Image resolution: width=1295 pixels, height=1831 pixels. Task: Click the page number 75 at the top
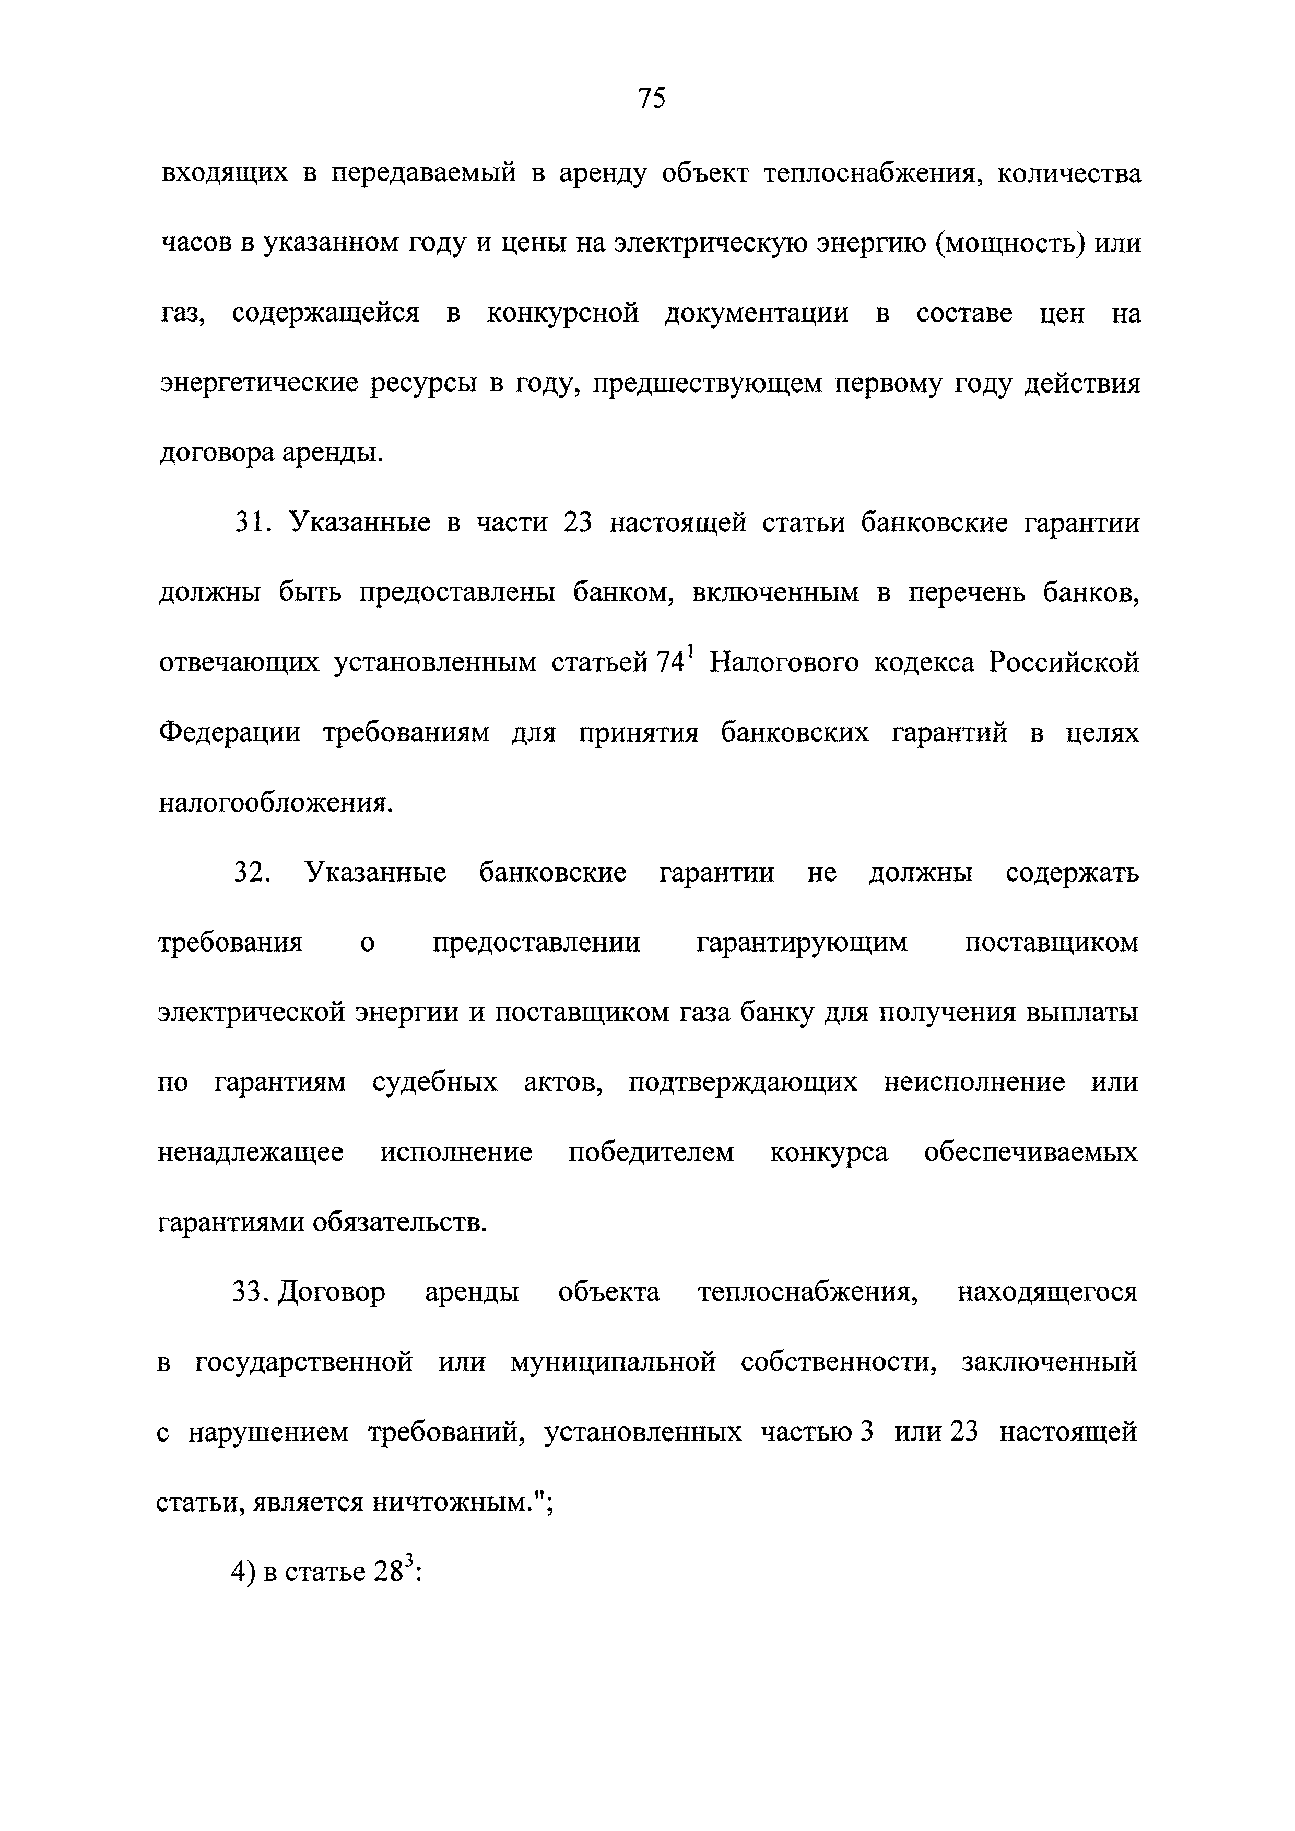(651, 98)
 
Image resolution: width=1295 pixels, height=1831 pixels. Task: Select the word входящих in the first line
(225, 174)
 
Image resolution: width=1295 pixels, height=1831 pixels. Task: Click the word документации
(757, 313)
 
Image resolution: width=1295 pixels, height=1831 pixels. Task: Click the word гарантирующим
(802, 943)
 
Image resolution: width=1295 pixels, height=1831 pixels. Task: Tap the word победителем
(651, 1153)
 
